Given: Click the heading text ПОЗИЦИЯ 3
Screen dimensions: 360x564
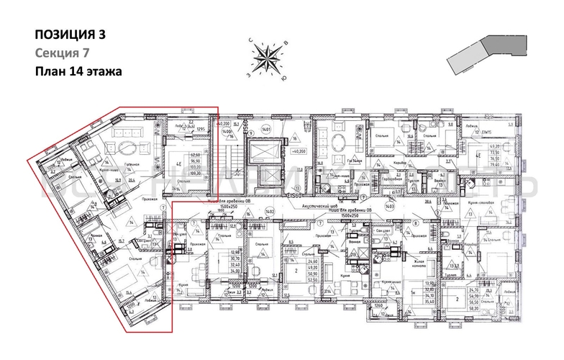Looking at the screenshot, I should click(70, 34).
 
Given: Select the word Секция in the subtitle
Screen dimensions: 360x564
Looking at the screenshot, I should click(54, 53).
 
